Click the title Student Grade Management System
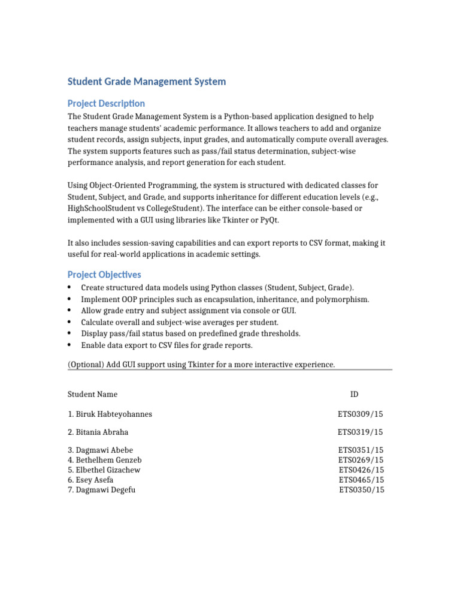coord(147,82)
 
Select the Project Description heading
coord(106,104)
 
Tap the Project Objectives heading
coord(104,275)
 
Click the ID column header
coord(355,394)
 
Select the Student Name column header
coord(92,394)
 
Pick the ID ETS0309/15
coord(360,414)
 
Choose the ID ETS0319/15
coord(360,432)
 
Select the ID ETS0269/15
coord(361,460)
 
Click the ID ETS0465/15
coord(361,480)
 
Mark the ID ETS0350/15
coord(362,490)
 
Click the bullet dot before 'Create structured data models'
coord(70,288)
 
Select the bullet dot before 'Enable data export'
coord(70,345)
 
